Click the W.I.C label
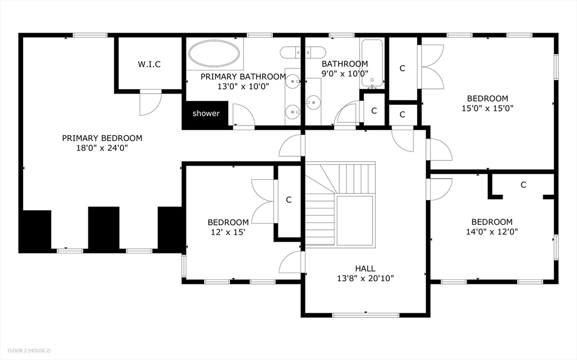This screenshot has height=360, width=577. tap(149, 64)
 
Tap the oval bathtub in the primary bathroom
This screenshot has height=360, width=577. tap(214, 55)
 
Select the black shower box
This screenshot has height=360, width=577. tap(206, 114)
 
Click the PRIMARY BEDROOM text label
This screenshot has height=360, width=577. tap(102, 138)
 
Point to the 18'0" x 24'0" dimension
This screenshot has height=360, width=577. tap(102, 148)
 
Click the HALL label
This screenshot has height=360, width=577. tap(365, 268)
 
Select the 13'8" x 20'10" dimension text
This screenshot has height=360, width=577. tap(365, 278)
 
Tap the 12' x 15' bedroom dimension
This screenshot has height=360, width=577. tap(228, 232)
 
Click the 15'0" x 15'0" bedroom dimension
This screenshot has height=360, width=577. tap(487, 108)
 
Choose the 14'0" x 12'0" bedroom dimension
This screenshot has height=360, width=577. tap(491, 232)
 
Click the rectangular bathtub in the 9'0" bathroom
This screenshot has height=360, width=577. tap(372, 64)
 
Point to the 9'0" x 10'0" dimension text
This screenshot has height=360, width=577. tap(344, 73)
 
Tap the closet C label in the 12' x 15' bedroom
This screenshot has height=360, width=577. tap(288, 199)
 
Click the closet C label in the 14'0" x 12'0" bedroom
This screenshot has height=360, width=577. tap(523, 185)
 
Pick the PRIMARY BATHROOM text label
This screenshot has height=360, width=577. tap(243, 77)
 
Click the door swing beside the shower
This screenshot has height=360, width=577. tap(243, 116)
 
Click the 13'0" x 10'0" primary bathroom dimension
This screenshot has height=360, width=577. tap(243, 86)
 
